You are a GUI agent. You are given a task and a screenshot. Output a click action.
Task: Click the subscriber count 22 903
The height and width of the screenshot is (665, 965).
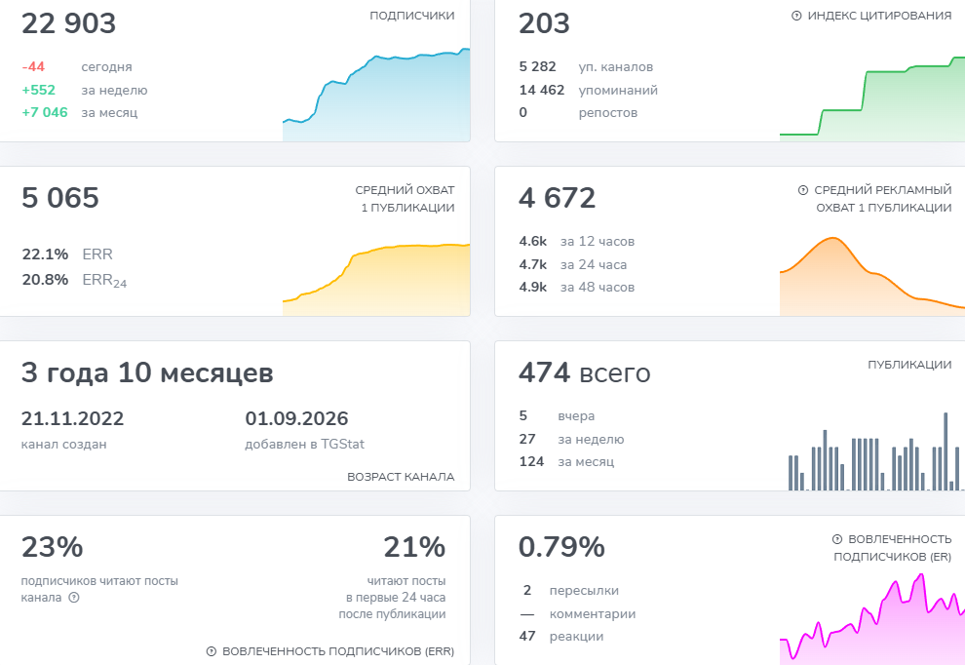pos(68,23)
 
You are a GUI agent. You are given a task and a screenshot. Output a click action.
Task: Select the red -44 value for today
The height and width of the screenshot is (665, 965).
pos(33,66)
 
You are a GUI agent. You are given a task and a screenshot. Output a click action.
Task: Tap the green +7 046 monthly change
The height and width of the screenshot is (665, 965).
pos(44,112)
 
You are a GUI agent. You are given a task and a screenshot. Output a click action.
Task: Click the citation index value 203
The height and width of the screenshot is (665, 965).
pos(544,23)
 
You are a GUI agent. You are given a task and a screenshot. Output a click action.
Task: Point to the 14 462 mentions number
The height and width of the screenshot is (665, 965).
pos(542,90)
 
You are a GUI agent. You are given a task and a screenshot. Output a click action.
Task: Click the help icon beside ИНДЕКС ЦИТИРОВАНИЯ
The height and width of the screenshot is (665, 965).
pos(796,16)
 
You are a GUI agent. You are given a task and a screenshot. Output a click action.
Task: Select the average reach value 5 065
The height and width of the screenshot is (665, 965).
pos(60,198)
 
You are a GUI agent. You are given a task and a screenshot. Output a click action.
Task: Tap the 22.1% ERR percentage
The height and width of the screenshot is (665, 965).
pos(45,254)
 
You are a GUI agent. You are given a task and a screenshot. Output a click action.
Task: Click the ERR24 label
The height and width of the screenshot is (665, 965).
pos(104,281)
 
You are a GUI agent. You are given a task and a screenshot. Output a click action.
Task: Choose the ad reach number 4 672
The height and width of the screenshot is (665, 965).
pos(557,198)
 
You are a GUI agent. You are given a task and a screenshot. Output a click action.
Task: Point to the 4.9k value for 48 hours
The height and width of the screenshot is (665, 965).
pos(533,287)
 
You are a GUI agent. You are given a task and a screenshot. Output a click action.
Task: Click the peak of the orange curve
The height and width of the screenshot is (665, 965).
pos(832,238)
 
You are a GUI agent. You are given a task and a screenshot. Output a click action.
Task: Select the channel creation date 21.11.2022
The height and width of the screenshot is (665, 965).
pos(73,418)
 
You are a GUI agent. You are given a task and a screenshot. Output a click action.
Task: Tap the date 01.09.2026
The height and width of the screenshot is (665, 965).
pos(296,418)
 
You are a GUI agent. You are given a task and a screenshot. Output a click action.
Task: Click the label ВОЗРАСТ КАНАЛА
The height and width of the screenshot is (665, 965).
pos(401,477)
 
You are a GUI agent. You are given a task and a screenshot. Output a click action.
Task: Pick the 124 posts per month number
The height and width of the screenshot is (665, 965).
pos(532,461)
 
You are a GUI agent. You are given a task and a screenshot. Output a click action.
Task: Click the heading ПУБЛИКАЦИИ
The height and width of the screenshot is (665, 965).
pos(909,365)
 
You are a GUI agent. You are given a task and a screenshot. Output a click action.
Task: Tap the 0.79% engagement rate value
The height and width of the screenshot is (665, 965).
pos(561,547)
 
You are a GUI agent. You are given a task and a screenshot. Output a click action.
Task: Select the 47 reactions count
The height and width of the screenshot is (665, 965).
pos(527,636)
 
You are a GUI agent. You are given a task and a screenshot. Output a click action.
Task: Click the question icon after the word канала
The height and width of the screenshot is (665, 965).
pos(74,598)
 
